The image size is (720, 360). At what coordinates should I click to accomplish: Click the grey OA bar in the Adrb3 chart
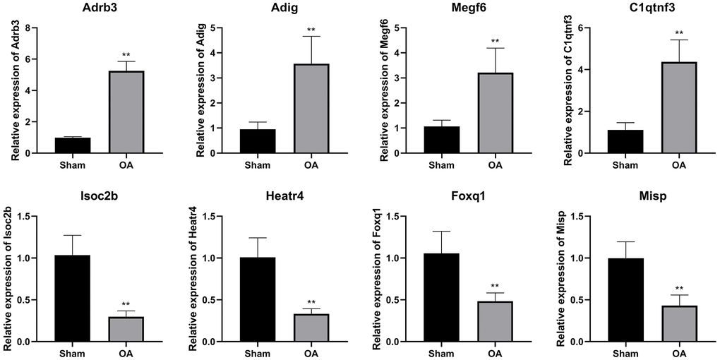[126, 113]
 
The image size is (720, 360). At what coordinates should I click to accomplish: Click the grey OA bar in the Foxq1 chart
[496, 321]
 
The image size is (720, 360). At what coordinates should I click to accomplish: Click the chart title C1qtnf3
[650, 9]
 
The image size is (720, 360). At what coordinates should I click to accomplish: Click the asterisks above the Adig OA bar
[311, 30]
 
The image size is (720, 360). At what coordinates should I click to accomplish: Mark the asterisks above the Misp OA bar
[678, 289]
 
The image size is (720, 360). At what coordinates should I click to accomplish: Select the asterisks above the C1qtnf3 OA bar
[678, 33]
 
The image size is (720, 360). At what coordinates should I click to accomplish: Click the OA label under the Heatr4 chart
[311, 352]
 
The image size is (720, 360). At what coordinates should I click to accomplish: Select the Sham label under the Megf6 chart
[440, 165]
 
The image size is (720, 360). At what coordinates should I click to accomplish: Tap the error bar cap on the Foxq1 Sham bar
[440, 232]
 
